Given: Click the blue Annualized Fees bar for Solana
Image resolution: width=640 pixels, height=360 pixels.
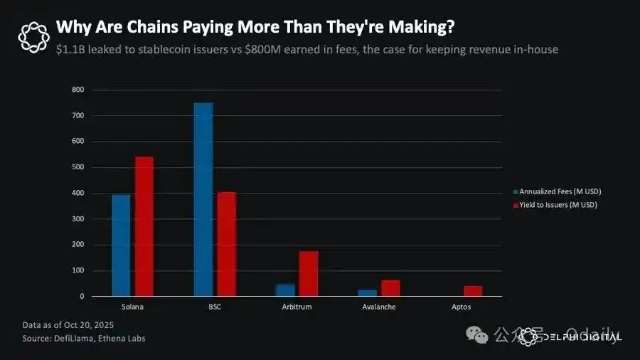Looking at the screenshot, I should pos(121,245).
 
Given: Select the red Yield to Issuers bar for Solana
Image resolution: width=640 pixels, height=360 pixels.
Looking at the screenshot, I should pos(144,226).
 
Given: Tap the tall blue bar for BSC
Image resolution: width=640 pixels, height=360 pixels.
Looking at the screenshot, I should pos(203,200).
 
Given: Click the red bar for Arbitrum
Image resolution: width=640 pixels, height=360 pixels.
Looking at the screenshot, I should pos(309,274).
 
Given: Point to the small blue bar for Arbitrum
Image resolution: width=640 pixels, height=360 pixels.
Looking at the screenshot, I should pos(285,290).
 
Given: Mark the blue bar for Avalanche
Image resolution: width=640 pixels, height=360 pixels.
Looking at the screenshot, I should pos(368,292).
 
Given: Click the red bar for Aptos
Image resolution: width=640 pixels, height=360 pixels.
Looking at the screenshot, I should pos(473,291).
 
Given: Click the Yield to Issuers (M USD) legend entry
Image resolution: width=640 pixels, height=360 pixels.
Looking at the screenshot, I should pos(558,205).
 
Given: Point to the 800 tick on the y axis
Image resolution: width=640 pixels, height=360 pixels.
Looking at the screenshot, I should pos(78,90).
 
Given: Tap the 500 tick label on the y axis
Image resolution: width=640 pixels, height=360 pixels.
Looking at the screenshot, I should pos(78,167).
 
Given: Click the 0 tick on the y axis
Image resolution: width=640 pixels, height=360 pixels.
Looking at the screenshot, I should pos(82,296).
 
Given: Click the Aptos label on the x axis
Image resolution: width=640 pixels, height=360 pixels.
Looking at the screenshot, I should pos(460,307).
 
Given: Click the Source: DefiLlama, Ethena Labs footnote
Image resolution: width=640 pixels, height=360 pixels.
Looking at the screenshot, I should pos(84,338).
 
